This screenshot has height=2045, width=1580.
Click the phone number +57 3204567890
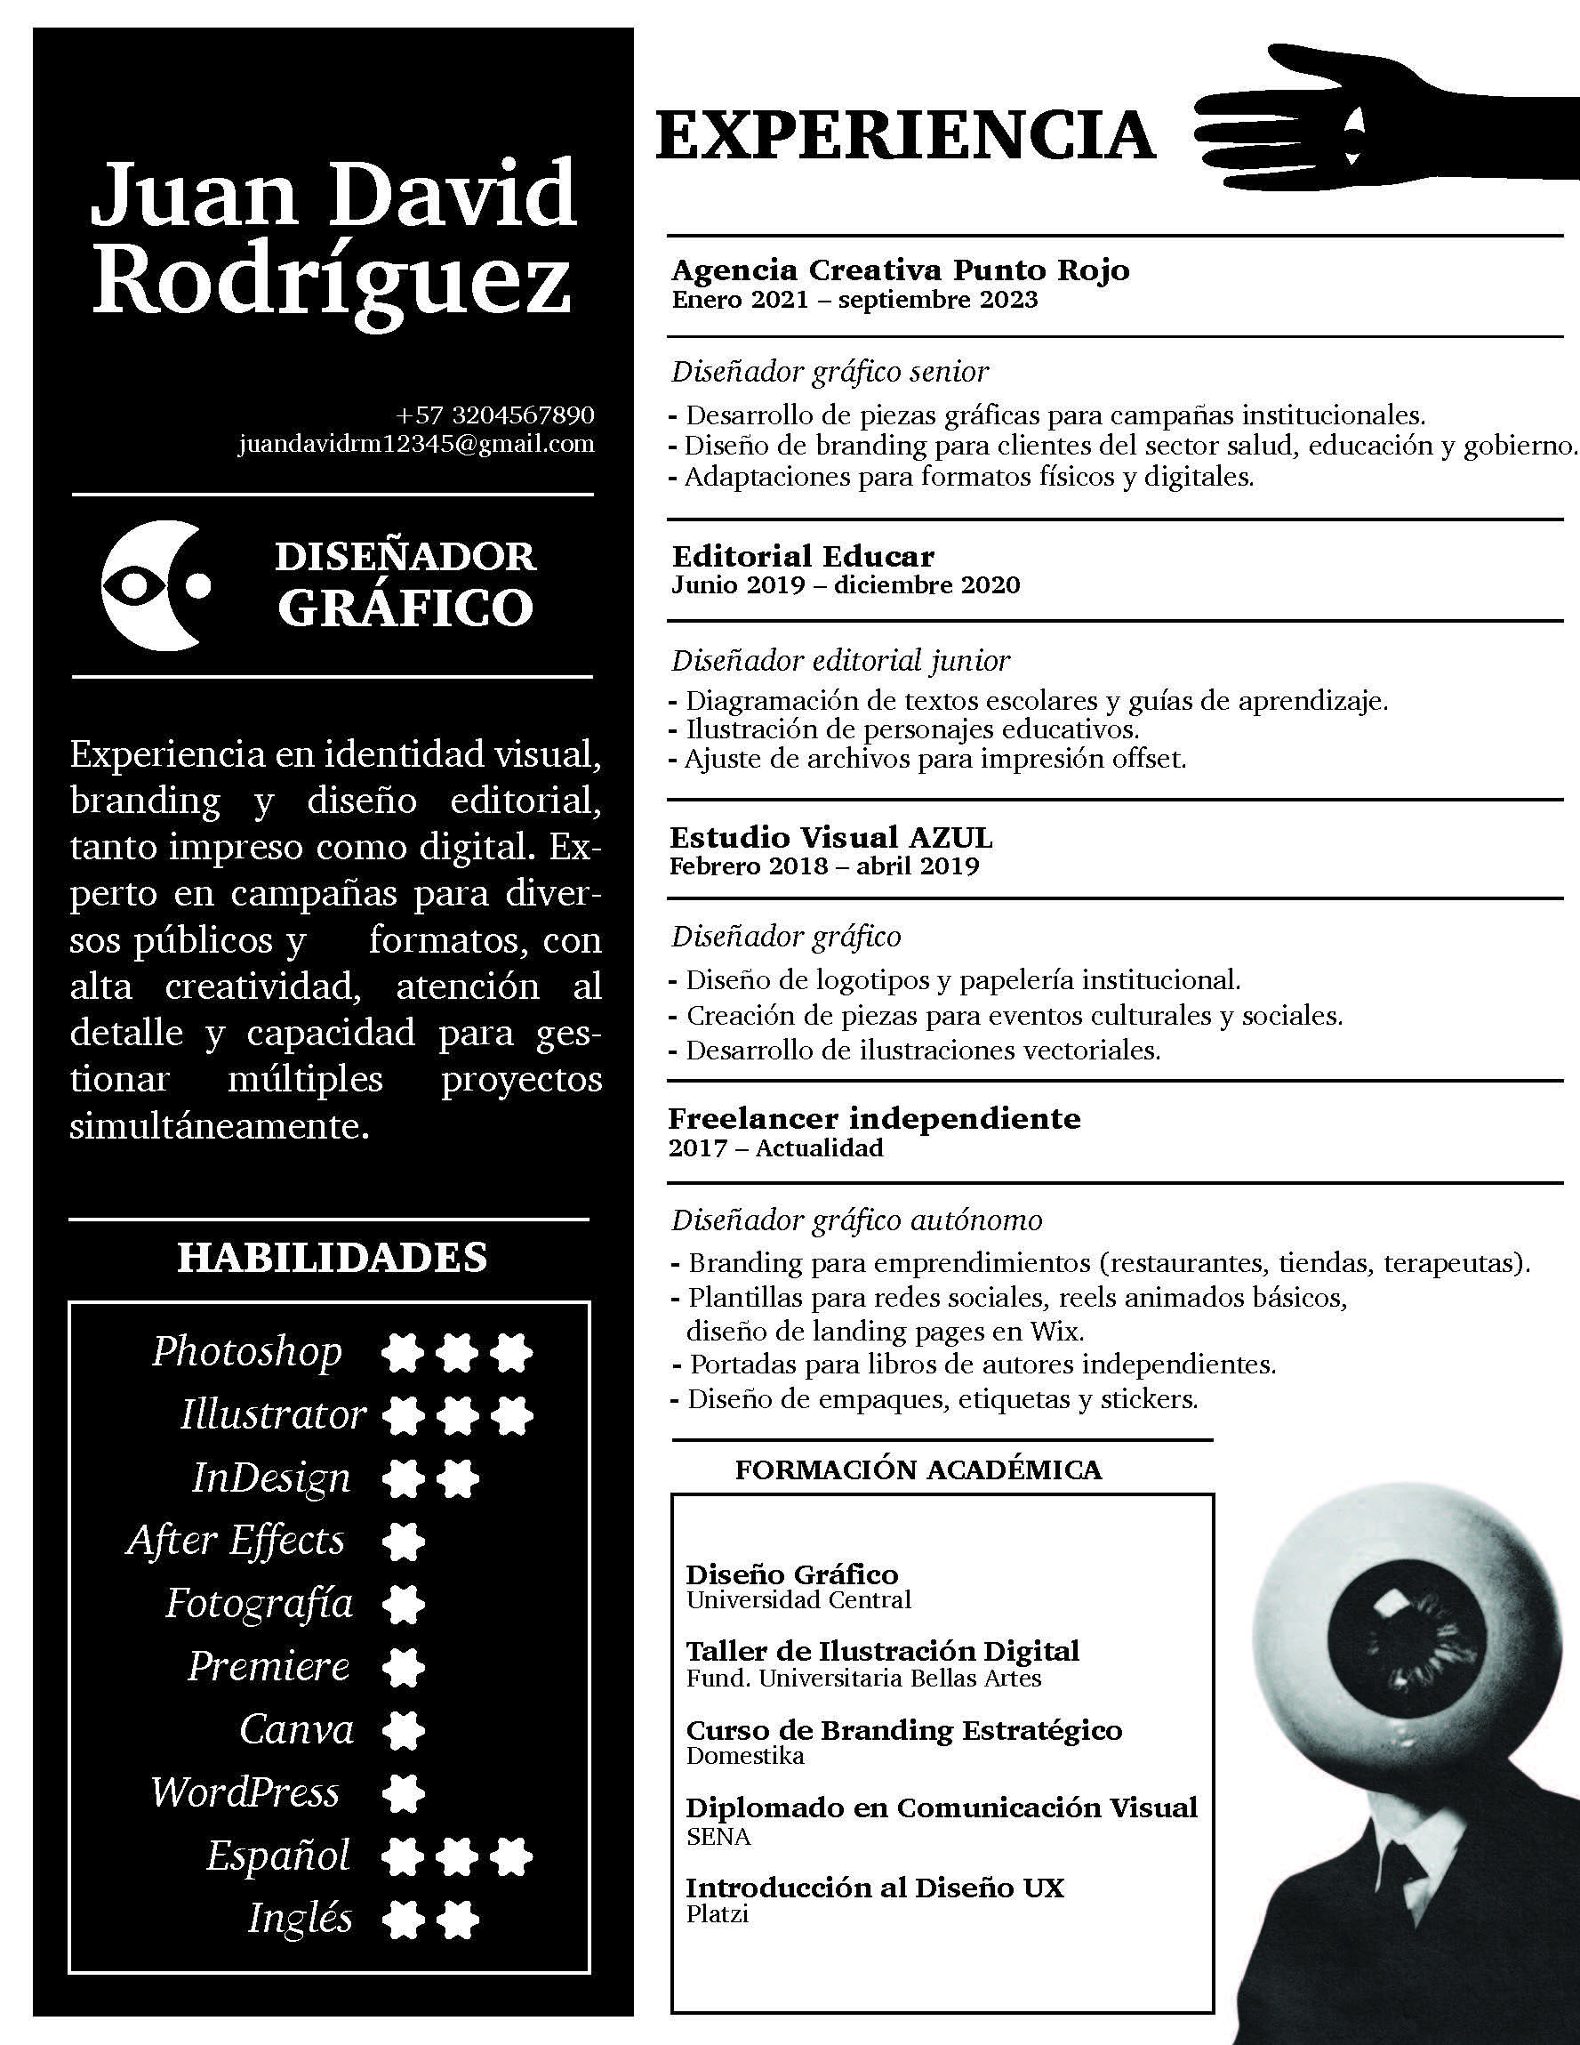click(495, 414)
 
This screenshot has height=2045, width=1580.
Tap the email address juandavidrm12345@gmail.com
click(416, 443)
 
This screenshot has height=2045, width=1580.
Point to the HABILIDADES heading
click(333, 1258)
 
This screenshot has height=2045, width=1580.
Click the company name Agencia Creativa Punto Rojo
click(901, 270)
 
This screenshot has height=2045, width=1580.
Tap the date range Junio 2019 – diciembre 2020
click(846, 585)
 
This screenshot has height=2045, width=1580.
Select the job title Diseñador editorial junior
click(840, 660)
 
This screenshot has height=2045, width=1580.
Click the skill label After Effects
click(236, 1541)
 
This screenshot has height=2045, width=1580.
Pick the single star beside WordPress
click(404, 1793)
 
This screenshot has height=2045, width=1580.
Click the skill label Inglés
click(300, 1919)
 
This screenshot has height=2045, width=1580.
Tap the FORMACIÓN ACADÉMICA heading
click(918, 1469)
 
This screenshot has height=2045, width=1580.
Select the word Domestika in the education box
click(745, 1756)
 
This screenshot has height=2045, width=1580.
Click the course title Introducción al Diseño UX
click(875, 1887)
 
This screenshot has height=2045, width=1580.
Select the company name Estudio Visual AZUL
click(831, 836)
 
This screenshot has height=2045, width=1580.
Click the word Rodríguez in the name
click(333, 281)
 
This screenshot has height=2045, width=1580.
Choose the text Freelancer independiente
click(874, 1118)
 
